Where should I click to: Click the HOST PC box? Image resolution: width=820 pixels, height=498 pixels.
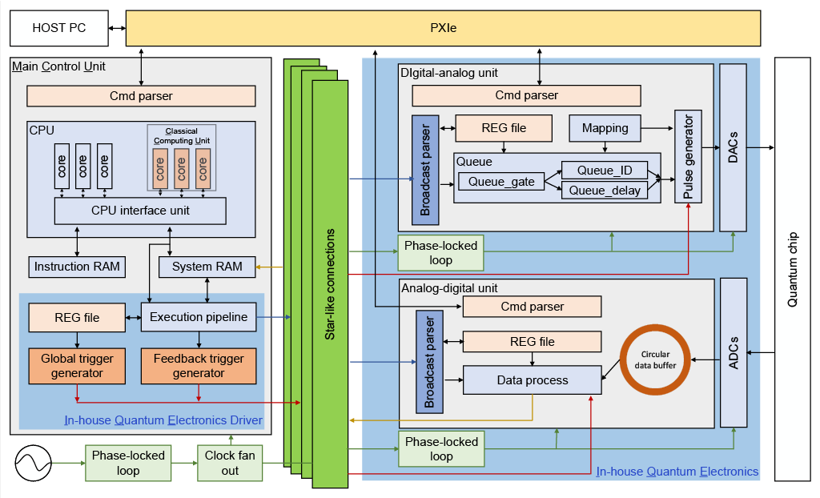pos(58,28)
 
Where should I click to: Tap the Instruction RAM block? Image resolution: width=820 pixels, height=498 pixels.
pos(77,267)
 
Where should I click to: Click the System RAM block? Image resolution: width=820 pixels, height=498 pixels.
pos(207,267)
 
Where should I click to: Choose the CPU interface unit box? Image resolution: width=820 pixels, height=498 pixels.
pos(140,211)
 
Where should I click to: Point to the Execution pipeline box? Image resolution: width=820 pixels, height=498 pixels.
pos(199,317)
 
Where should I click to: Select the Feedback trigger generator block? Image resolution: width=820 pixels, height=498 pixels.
pos(199,366)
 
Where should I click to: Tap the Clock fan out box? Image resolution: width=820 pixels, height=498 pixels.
pos(230,463)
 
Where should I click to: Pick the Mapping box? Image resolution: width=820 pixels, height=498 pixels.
pos(605,128)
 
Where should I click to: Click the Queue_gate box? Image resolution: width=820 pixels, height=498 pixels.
pos(501,181)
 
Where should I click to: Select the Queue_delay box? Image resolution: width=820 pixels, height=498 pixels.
pos(605,191)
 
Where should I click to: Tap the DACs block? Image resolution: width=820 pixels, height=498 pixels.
pos(733,147)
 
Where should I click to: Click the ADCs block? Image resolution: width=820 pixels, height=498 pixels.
pos(734,352)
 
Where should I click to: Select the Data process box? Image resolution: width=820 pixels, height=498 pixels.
pos(532,380)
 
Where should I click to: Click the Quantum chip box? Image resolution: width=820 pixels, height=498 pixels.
pos(793,269)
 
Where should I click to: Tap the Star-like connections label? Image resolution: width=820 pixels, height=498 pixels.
pos(330,284)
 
